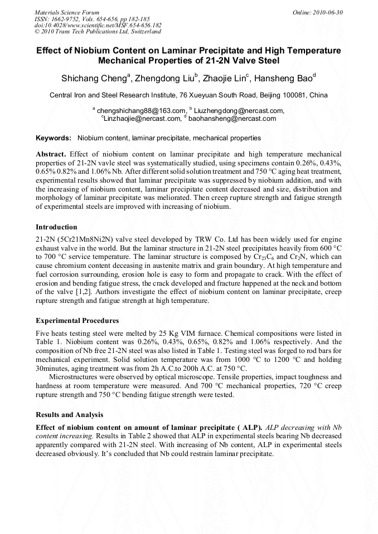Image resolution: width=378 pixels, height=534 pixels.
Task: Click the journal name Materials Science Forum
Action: pos(67,12)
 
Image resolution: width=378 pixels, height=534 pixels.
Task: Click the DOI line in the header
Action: pos(98,25)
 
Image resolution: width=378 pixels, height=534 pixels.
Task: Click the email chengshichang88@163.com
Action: pos(140,111)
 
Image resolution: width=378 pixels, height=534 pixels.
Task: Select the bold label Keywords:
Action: pos(54,138)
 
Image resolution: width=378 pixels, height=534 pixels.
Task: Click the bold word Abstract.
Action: pos(51,153)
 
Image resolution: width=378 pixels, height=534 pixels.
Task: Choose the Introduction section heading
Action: pos(56,227)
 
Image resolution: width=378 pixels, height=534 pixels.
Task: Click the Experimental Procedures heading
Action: pos(77,321)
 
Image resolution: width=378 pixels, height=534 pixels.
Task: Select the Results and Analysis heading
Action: pos(69,414)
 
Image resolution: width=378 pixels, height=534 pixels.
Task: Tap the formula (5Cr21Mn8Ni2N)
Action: pos(85,238)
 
